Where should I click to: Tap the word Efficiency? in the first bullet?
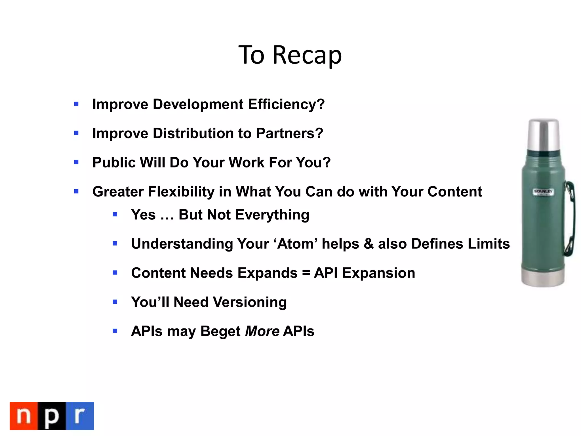pos(286,104)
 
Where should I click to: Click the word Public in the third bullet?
pos(114,162)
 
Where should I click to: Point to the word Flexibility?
pos(181,192)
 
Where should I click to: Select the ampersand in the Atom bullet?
pos(369,244)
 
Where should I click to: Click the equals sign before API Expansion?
pos(306,273)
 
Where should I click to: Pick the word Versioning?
pos(250,302)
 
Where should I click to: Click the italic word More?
pos(262,331)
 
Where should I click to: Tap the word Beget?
pos(220,331)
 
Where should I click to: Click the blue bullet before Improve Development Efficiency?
pos(76,104)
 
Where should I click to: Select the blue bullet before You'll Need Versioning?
pos(115,302)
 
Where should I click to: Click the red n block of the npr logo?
pos(24,416)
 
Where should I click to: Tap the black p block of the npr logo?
pos(52,416)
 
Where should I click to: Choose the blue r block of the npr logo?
pos(80,416)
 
